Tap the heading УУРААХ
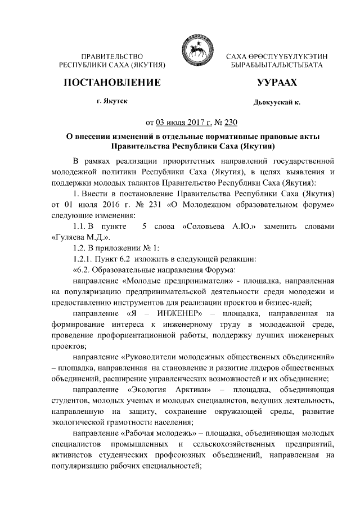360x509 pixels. click(276, 83)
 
